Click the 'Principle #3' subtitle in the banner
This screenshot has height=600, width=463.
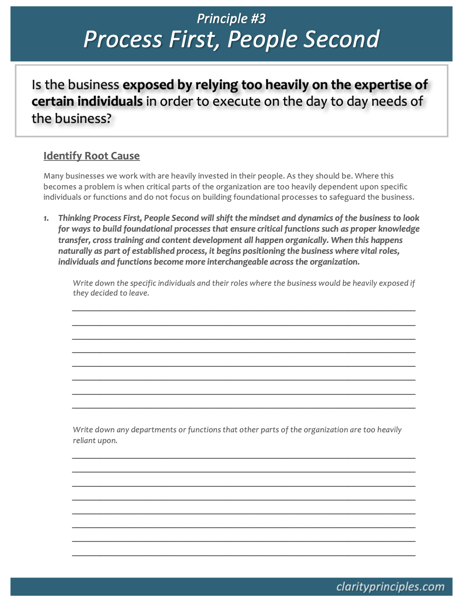tap(231, 19)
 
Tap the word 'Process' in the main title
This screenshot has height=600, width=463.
tap(122, 39)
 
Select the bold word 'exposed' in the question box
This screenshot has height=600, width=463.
tap(152, 85)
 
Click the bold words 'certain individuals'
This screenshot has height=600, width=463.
tap(87, 102)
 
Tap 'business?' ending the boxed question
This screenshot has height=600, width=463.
tap(82, 119)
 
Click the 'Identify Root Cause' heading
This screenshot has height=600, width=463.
tap(91, 156)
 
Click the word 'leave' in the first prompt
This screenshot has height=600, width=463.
tap(139, 293)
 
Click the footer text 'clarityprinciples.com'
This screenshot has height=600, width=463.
tap(390, 587)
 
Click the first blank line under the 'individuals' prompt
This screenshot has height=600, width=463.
tap(243, 310)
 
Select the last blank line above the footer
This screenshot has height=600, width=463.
tap(243, 555)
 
